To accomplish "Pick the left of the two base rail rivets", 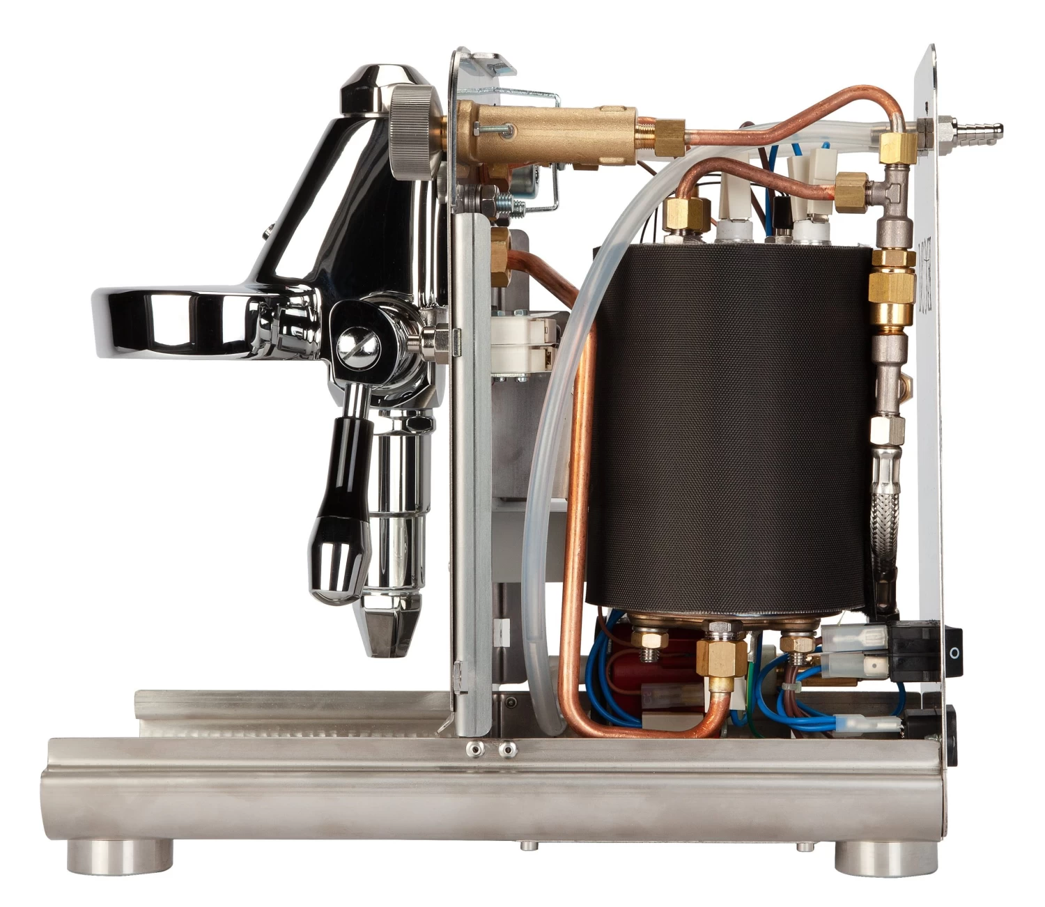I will pos(476,750).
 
